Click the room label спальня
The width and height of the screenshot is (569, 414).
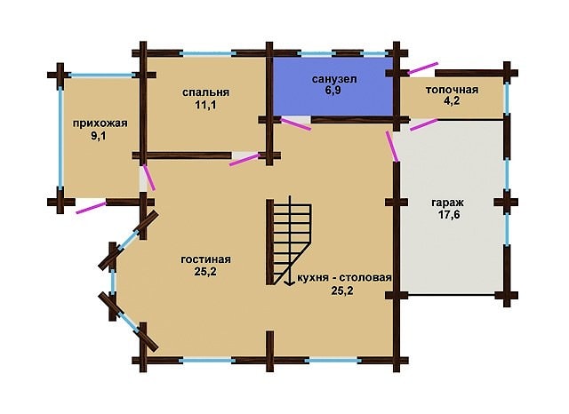[x=205, y=92]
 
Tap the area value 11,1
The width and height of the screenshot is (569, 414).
[x=205, y=106]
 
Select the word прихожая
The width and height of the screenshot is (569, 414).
[x=100, y=123]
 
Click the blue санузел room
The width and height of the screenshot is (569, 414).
[x=333, y=86]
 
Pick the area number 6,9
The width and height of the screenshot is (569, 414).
[x=333, y=91]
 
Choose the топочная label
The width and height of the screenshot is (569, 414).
[x=452, y=90]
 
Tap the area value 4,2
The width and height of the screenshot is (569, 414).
[x=452, y=101]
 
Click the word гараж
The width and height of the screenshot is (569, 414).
[x=448, y=203]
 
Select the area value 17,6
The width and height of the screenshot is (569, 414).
[x=449, y=215]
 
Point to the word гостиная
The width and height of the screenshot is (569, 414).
[x=205, y=259]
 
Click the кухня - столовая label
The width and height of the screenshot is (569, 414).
[x=344, y=278]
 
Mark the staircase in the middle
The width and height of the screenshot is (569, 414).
[x=289, y=242]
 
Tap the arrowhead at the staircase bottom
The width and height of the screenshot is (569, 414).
[x=289, y=283]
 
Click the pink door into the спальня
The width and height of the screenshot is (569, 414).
[x=245, y=160]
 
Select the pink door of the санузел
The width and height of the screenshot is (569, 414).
[x=296, y=123]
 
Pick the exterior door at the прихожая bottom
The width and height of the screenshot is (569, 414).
[x=91, y=208]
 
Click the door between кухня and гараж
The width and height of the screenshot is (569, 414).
[x=392, y=146]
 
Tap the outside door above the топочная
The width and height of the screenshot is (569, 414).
[x=423, y=68]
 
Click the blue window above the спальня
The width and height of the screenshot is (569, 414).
[x=207, y=53]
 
